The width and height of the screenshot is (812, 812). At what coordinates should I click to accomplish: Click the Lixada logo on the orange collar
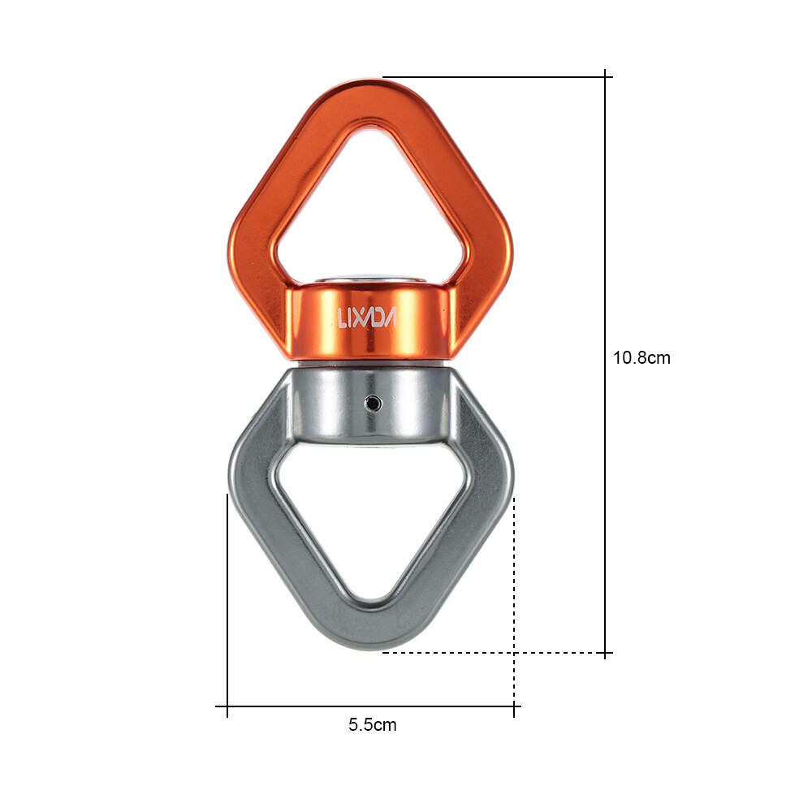366,317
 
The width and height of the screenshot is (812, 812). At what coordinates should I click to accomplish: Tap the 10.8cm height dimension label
641,357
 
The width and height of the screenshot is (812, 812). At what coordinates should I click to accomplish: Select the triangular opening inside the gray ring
370,520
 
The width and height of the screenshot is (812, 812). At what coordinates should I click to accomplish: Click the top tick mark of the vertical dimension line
606,77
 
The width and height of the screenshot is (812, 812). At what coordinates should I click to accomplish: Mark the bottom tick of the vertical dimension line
606,652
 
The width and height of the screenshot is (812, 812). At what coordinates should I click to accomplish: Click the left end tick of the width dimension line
227,706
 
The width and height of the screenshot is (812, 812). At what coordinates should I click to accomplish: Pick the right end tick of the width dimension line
514,706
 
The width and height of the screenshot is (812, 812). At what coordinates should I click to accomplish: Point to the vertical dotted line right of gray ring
514,585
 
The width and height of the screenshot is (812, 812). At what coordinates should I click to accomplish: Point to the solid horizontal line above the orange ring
495,77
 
